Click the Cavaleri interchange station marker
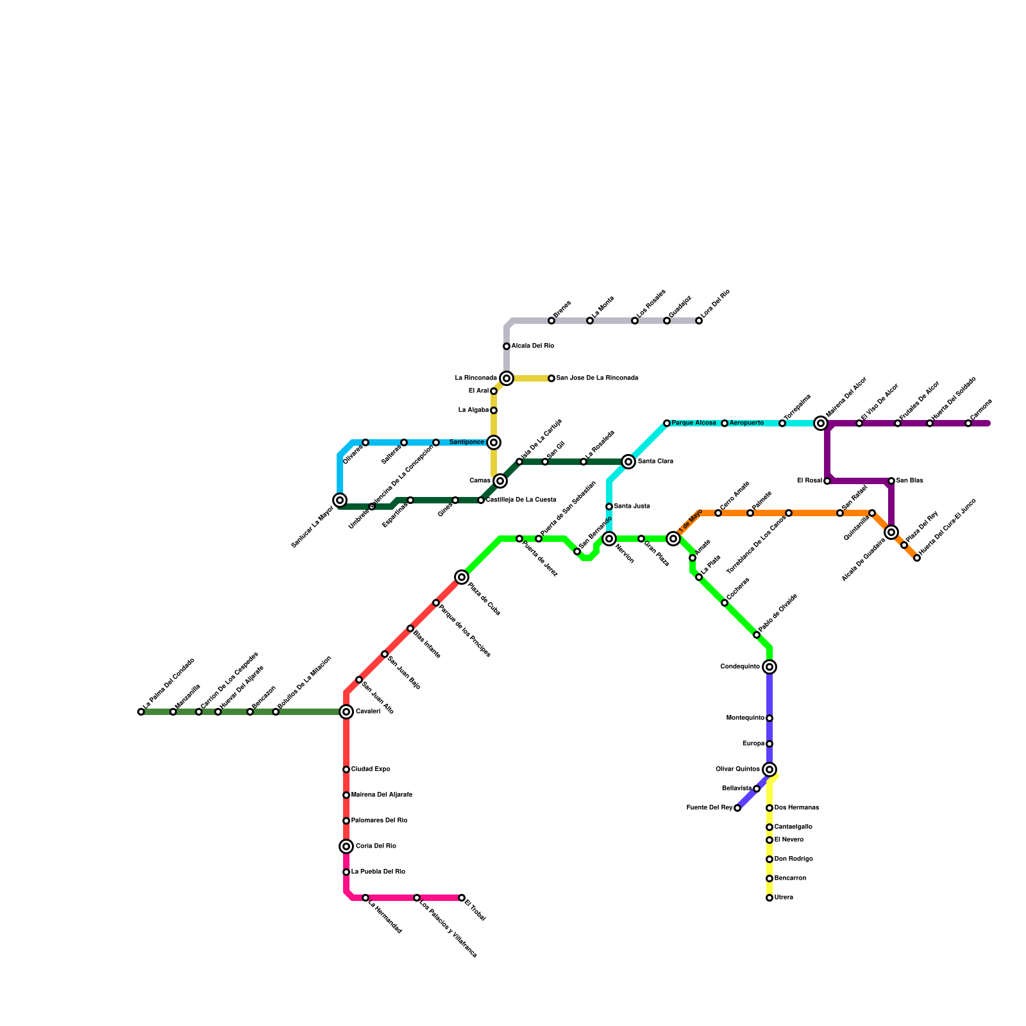point(346,712)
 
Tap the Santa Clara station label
point(655,462)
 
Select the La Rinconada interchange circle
point(507,378)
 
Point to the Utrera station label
point(784,898)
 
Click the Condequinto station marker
point(769,667)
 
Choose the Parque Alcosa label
point(694,423)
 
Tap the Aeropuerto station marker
point(725,423)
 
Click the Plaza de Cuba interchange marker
point(462,577)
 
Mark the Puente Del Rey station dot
point(737,808)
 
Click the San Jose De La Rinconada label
point(597,378)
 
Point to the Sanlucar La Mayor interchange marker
point(340,500)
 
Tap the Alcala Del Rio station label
point(533,346)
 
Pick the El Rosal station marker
point(827,481)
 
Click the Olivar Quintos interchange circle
point(769,769)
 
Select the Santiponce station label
point(467,442)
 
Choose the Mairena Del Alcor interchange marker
point(821,423)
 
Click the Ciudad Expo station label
point(371,769)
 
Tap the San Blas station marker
point(891,481)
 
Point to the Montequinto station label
point(745,718)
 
